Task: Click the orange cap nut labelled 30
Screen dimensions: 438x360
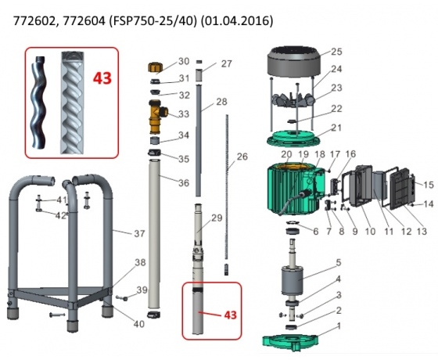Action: (153, 67)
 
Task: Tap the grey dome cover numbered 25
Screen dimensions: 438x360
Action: (293, 62)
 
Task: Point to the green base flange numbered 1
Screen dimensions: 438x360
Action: (290, 342)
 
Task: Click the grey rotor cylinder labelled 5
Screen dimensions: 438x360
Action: (292, 280)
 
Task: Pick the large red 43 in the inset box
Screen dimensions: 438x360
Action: (102, 78)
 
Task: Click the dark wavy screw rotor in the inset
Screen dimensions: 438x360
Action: (38, 103)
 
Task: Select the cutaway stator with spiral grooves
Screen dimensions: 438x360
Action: (72, 103)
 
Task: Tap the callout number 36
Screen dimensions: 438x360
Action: (184, 183)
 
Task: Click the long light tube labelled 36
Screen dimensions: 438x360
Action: (154, 234)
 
